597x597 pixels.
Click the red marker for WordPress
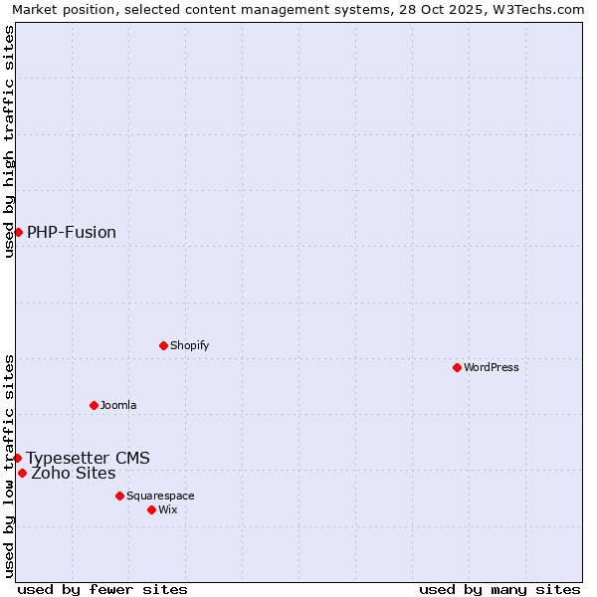tap(457, 367)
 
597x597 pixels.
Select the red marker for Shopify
tap(163, 345)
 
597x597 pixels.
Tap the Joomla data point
tap(94, 405)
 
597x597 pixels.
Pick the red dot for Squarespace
tap(119, 496)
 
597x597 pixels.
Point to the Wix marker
tap(151, 509)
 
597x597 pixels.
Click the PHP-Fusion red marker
tap(18, 232)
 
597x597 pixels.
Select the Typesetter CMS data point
tap(17, 458)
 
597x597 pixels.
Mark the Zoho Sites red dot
tap(22, 473)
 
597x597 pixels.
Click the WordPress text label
tap(492, 367)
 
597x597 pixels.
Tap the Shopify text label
tap(190, 345)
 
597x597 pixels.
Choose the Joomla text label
tap(118, 405)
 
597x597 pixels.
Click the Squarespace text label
tap(160, 496)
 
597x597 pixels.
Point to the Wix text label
tap(168, 509)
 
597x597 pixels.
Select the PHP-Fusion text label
tap(72, 233)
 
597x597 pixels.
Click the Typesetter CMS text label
tap(89, 459)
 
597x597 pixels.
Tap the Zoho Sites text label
tap(74, 474)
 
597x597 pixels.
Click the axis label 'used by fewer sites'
tap(102, 589)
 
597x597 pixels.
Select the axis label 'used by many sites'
tap(499, 589)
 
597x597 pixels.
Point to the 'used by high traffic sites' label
tap(9, 141)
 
